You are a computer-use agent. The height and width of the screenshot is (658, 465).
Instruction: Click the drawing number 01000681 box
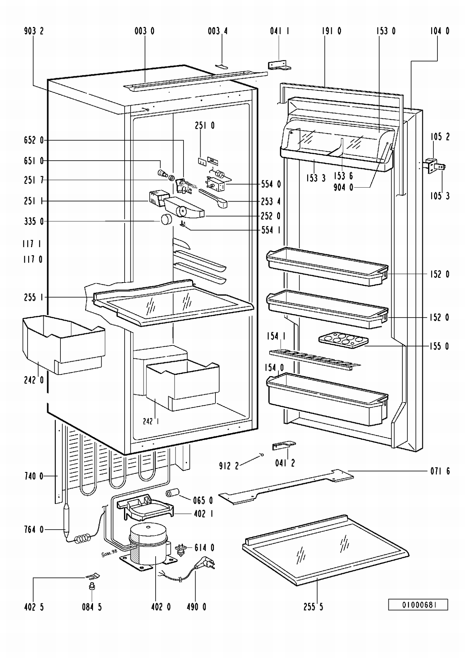[x=418, y=605]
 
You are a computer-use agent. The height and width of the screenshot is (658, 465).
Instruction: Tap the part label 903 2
[x=34, y=31]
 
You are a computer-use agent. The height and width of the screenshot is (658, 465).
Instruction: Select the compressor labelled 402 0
[x=149, y=545]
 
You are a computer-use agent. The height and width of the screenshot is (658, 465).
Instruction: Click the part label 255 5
[x=313, y=607]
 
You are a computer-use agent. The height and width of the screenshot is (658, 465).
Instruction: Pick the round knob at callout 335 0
[x=166, y=220]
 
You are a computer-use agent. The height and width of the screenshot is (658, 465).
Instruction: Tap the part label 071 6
[x=440, y=471]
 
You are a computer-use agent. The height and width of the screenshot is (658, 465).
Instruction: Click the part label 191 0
[x=331, y=31]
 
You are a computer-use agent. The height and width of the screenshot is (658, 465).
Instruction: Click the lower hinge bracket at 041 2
[x=283, y=446]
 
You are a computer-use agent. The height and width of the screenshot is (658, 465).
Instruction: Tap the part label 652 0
[x=34, y=140]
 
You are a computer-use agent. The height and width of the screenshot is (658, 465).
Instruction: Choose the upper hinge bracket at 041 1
[x=279, y=65]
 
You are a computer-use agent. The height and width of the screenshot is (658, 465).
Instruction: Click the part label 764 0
[x=34, y=530]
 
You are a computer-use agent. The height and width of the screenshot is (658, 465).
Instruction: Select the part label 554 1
[x=271, y=230]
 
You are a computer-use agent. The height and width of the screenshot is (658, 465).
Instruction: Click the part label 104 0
[x=440, y=31]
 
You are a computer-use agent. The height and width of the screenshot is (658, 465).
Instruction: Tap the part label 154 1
[x=276, y=336]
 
